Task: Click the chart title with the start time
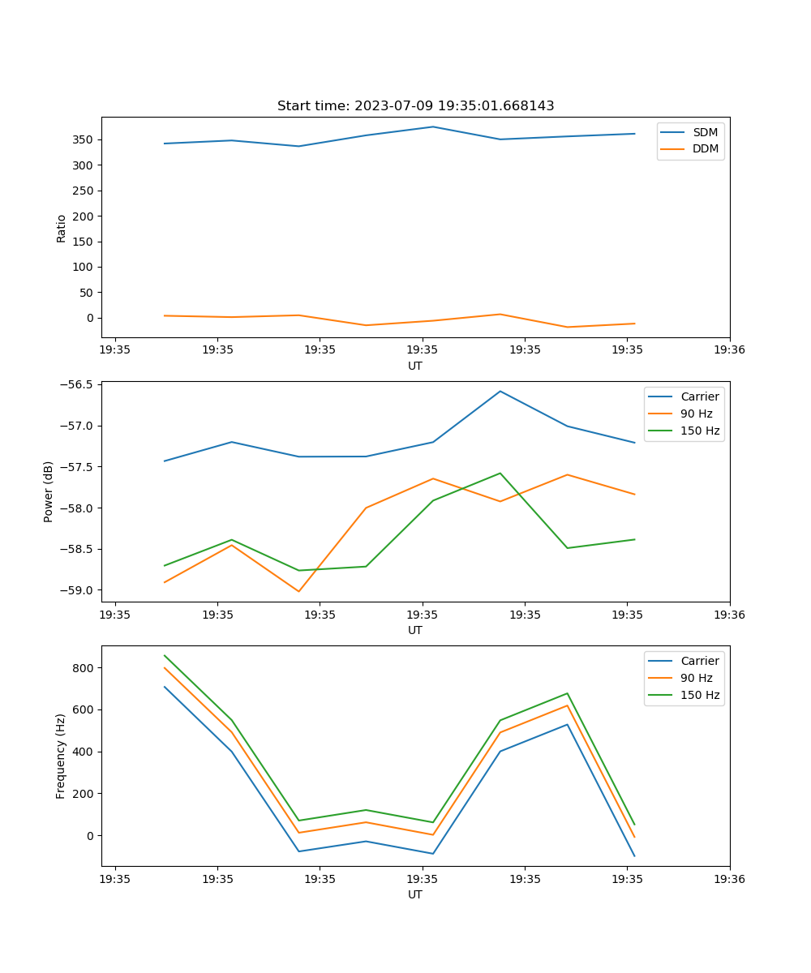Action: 415,106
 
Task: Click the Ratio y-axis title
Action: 62,228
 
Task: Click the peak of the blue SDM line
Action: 433,126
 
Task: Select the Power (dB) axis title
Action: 49,491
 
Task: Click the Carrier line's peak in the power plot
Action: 500,391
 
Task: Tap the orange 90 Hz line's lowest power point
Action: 298,591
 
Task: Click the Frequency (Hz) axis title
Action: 61,756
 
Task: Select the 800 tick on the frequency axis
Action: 84,668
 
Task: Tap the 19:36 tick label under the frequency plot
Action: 730,879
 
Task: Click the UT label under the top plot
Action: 415,366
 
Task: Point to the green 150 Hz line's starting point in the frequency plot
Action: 165,655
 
